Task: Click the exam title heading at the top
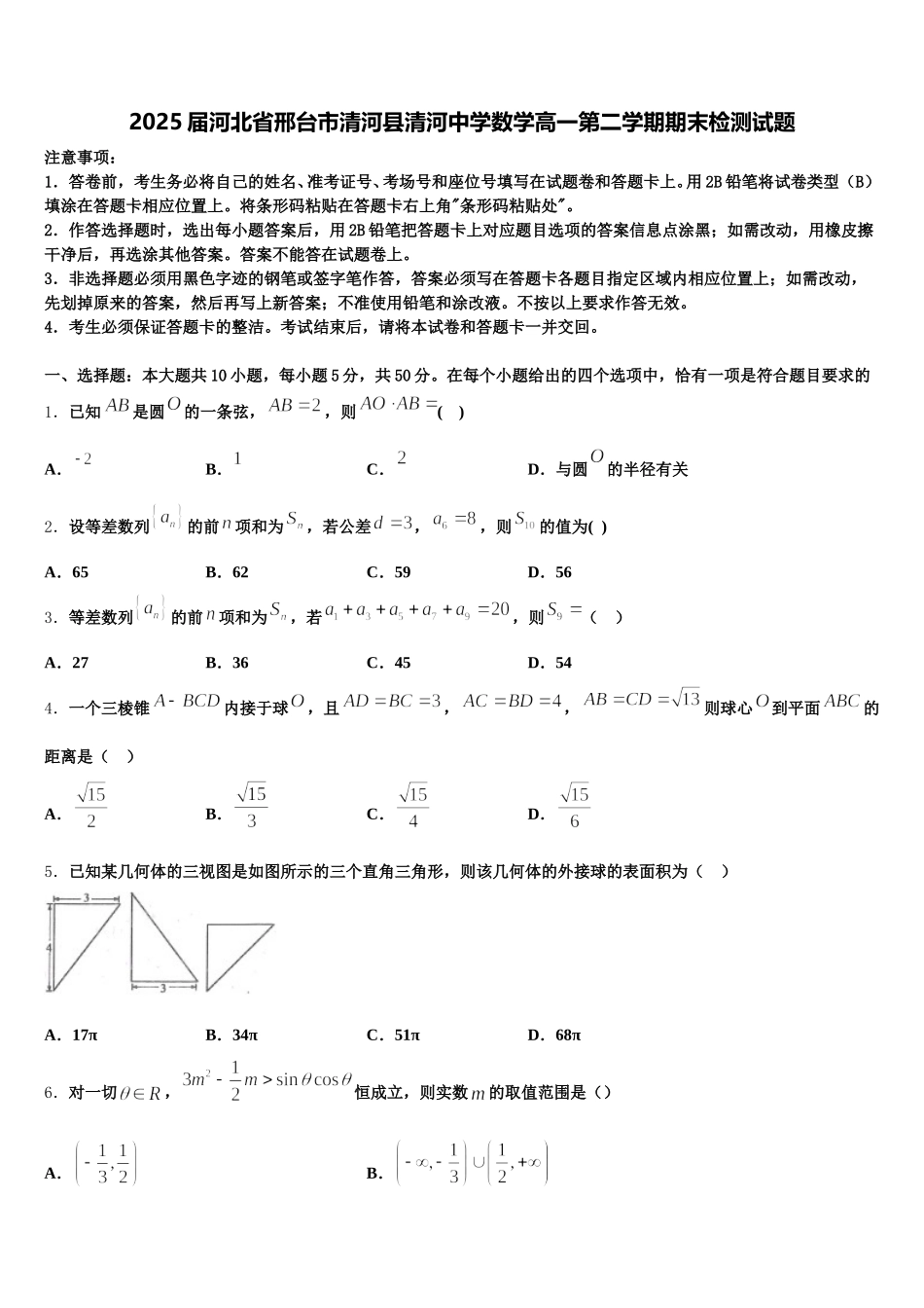462,123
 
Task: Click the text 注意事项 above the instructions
81,157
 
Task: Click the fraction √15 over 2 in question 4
91,807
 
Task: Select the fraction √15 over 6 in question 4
575,807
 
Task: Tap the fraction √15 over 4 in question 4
413,807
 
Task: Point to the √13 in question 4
685,699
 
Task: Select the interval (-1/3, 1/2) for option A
106,1163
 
